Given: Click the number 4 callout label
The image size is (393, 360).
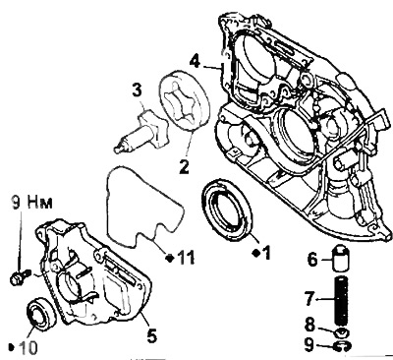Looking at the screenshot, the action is [x=196, y=62].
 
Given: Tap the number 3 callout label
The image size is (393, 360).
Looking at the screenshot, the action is [x=137, y=90].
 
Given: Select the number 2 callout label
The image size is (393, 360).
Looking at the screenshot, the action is [x=184, y=166].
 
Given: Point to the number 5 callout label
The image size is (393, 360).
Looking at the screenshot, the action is [x=151, y=335].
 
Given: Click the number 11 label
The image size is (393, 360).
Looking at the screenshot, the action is [x=186, y=258].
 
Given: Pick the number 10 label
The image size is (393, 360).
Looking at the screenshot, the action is [x=28, y=348].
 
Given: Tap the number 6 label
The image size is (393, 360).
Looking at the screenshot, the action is [x=312, y=260].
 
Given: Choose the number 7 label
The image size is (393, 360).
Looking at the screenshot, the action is [x=310, y=299].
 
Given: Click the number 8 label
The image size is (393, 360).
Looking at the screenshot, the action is [x=309, y=325].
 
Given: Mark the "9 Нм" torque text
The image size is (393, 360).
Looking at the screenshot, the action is [x=32, y=203].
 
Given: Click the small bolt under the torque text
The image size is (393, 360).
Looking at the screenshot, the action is [x=21, y=276].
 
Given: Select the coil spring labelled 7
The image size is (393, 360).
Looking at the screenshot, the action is [x=342, y=300].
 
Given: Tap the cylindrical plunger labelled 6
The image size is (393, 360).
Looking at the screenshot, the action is [x=341, y=258].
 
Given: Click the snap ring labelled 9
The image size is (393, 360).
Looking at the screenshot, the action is [x=342, y=346].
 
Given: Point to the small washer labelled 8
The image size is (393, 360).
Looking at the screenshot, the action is [x=342, y=332].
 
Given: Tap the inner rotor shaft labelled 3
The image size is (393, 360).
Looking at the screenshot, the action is [x=140, y=132].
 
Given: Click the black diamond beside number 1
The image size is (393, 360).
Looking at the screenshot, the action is [x=256, y=253].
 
